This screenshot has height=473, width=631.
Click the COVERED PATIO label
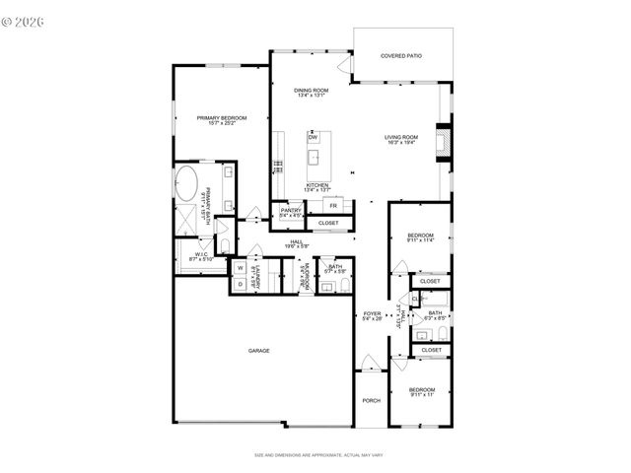click(x=401, y=55)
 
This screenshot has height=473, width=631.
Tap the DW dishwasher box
click(x=313, y=137)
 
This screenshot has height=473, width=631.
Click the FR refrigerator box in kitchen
click(x=333, y=205)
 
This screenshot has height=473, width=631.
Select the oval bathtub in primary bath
click(x=187, y=184)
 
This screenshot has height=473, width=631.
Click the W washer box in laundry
click(x=240, y=267)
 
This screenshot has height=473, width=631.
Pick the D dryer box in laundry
click(x=240, y=284)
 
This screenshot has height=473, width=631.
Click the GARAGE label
click(x=258, y=350)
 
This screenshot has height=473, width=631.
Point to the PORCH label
click(x=372, y=400)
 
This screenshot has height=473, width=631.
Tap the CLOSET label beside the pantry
click(x=328, y=223)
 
